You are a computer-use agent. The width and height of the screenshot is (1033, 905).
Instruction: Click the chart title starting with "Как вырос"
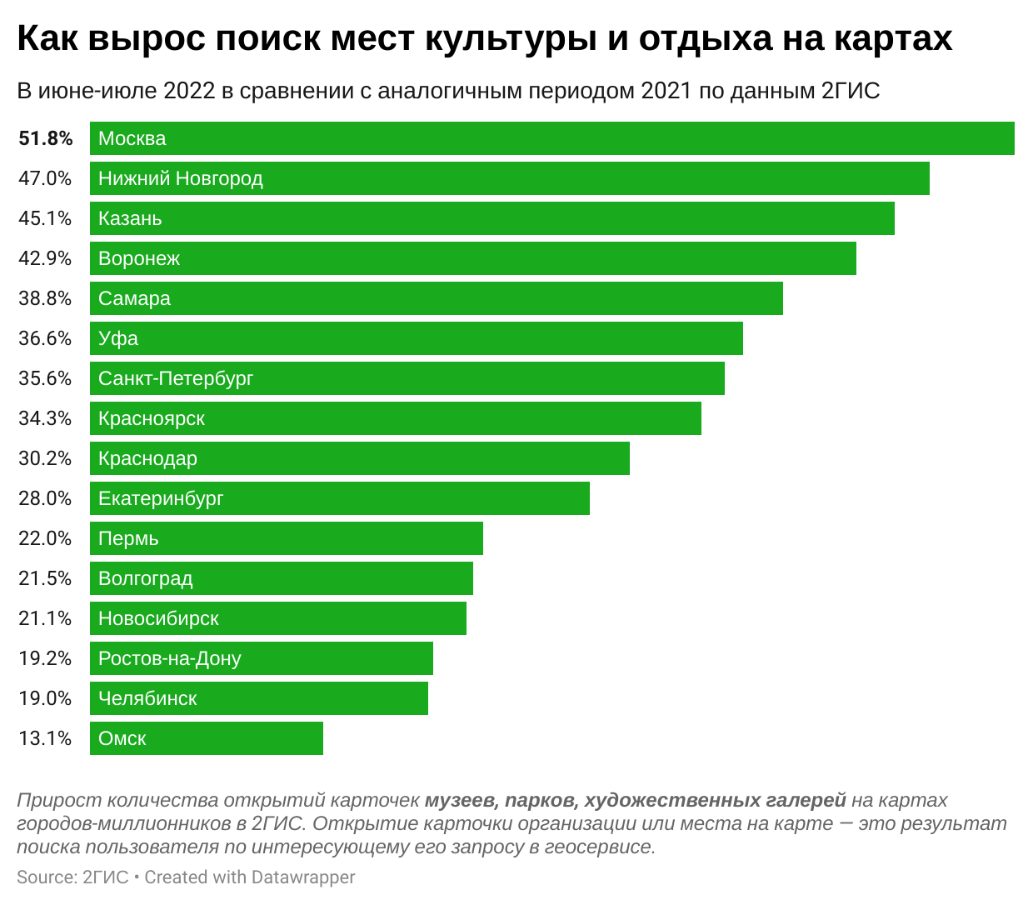pyautogui.click(x=484, y=39)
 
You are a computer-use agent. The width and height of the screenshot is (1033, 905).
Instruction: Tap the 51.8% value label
pyautogui.click(x=46, y=138)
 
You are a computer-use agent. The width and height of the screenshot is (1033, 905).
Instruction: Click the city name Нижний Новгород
pyautogui.click(x=180, y=178)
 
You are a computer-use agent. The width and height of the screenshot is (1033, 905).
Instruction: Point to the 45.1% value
pyautogui.click(x=45, y=218)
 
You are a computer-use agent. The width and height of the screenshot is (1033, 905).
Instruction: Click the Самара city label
pyautogui.click(x=134, y=298)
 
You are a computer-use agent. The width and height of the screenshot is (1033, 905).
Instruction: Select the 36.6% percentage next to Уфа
pyautogui.click(x=45, y=338)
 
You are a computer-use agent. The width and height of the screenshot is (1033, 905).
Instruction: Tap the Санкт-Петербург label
pyautogui.click(x=176, y=378)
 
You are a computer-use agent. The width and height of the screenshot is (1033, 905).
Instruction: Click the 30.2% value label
pyautogui.click(x=45, y=458)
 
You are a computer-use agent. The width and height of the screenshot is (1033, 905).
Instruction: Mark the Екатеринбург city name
pyautogui.click(x=161, y=498)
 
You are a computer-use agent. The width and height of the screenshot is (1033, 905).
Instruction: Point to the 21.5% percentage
pyautogui.click(x=45, y=578)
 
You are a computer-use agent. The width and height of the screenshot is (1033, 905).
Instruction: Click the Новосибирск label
pyautogui.click(x=158, y=618)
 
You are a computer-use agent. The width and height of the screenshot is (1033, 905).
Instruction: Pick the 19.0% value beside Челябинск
pyautogui.click(x=45, y=698)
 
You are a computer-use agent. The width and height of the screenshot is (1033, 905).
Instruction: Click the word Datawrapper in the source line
pyautogui.click(x=303, y=877)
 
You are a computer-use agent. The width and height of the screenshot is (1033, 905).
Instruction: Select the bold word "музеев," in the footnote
pyautogui.click(x=461, y=801)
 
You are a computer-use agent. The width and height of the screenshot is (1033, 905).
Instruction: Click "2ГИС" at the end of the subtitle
pyautogui.click(x=851, y=91)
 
